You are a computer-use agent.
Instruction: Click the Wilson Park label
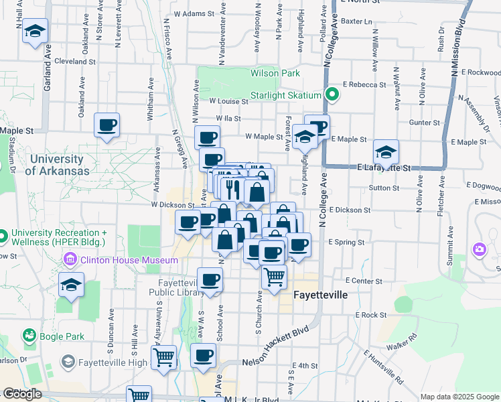(x=275, y=73)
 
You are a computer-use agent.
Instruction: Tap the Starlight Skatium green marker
(x=330, y=95)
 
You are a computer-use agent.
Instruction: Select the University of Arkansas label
(x=57, y=165)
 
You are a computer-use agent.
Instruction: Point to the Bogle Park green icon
(x=29, y=334)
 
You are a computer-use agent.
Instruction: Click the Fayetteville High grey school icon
(x=68, y=362)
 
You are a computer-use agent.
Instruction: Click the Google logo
(x=22, y=394)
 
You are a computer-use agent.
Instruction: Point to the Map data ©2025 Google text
(x=459, y=397)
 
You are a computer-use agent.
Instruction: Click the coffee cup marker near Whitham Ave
(x=106, y=125)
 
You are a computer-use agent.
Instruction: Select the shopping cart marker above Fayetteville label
(x=273, y=276)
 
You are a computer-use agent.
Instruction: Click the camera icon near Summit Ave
(x=479, y=250)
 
